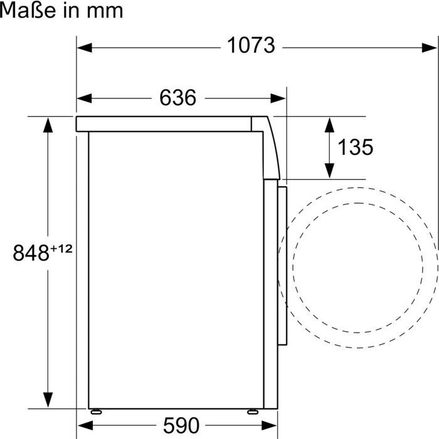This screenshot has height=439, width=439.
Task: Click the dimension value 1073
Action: coord(251,46)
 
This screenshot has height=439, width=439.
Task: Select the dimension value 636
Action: coord(177,98)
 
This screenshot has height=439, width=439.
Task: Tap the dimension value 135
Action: coord(355,147)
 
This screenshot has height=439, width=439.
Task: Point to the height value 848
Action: coord(31,253)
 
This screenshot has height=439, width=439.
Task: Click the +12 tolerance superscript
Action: coord(61,249)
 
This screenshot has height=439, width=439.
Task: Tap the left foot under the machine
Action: coord(96,411)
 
